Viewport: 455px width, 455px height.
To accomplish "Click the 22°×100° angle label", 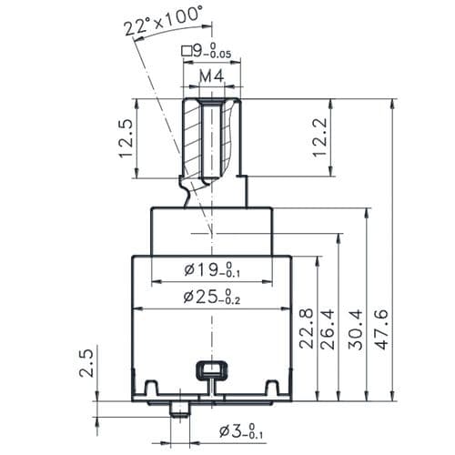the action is (x=163, y=22).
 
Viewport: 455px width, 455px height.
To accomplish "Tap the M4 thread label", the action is (x=212, y=76).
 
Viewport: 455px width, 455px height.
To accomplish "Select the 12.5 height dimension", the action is (x=126, y=138).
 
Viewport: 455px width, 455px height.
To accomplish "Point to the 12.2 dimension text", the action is (x=319, y=137).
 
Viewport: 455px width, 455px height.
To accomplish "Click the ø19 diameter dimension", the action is (x=212, y=269).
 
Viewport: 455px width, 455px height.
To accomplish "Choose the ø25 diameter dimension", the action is (x=212, y=297).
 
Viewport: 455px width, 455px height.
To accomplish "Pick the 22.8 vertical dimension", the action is (x=306, y=329).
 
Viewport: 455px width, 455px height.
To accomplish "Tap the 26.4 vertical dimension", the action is (x=328, y=329).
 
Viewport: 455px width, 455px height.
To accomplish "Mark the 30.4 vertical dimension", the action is (x=355, y=329).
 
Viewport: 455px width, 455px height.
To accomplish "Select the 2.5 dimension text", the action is (x=86, y=363).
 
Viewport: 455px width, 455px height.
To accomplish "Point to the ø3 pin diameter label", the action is (x=241, y=431).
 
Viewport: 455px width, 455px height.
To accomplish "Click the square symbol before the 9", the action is (x=187, y=51).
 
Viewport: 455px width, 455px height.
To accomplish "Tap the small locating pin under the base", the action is (x=179, y=409).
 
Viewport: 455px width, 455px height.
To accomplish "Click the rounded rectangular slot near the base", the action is (x=212, y=369).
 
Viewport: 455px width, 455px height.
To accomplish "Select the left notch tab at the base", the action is (x=151, y=387).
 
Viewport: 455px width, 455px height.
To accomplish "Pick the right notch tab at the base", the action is (x=272, y=387).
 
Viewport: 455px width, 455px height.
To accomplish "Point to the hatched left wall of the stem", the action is (x=192, y=139).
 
